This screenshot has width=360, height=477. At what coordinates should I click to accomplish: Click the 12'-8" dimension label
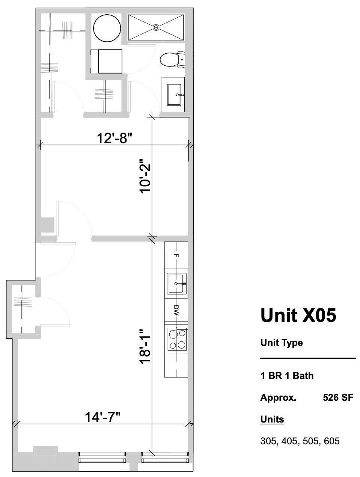point(115,138)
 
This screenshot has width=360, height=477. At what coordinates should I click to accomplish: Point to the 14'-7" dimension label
point(103,417)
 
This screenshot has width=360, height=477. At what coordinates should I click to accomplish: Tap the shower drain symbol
point(156,27)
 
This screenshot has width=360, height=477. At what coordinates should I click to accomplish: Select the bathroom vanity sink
point(174,95)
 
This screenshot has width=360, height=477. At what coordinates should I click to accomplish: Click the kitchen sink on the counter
point(176,284)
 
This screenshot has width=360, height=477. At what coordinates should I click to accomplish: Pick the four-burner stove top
point(176,339)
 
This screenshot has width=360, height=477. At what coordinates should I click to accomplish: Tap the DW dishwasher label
point(176,310)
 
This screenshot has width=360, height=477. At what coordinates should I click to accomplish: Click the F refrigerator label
point(176,255)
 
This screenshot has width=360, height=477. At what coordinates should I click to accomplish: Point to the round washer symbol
point(107,28)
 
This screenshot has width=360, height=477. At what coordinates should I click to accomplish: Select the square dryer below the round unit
point(110,61)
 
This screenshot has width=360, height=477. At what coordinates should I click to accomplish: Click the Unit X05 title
point(298,315)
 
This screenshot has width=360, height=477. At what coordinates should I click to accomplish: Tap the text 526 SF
point(338,397)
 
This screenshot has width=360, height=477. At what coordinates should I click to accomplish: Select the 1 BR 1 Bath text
point(287,376)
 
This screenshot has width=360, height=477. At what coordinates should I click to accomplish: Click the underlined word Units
point(272,419)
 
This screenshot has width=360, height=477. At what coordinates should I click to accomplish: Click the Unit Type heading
point(281,343)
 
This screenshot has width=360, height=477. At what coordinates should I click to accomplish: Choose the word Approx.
point(278,397)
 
